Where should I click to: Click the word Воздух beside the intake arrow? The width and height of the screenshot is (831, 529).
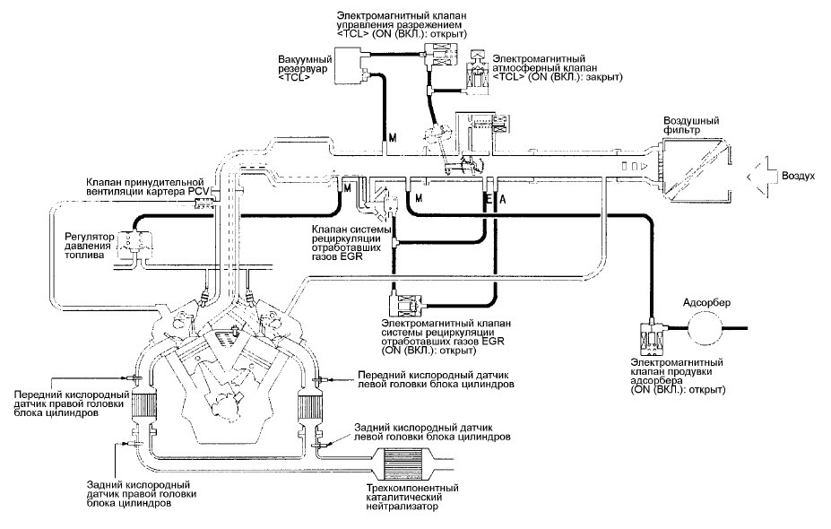point(798,177)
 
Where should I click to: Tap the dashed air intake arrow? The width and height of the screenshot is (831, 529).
point(762,177)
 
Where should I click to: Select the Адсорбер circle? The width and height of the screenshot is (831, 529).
point(705,327)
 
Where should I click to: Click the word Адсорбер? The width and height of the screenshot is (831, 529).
point(706,303)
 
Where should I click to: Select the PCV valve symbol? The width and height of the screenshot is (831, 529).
point(203,203)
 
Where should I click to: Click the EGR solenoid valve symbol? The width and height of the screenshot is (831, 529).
point(405,305)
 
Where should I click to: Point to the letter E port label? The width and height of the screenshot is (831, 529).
point(487,199)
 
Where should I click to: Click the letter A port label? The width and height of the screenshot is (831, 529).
point(503,199)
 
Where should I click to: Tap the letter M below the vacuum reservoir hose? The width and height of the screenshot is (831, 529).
point(393,138)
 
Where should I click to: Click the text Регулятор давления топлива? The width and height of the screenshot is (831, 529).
point(89,246)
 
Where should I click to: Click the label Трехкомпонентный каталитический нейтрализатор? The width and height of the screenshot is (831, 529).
point(411,498)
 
